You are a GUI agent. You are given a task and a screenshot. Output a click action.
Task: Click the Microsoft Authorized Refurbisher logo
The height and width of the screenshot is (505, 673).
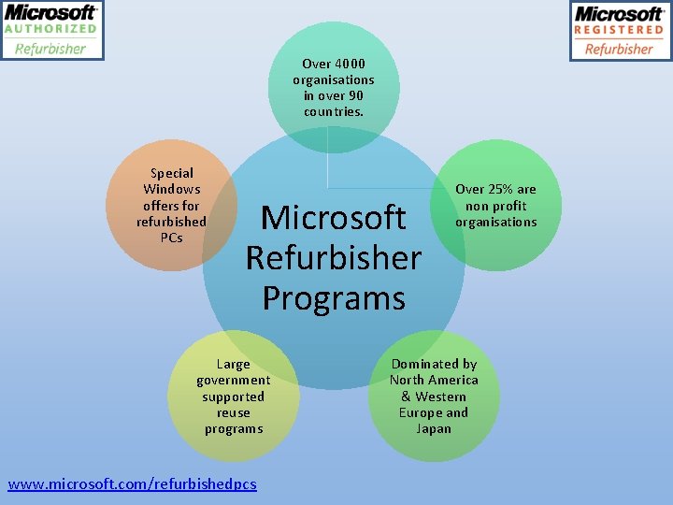pos(51,30)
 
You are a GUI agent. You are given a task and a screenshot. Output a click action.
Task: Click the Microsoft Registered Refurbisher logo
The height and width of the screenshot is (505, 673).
pos(620,30)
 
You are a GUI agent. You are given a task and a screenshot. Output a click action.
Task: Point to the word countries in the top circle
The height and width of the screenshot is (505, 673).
pos(333,111)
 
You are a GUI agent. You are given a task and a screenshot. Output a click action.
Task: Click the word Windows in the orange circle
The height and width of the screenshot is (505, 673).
pos(171,189)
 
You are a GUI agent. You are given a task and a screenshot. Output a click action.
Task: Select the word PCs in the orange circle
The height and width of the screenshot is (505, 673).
pos(171,238)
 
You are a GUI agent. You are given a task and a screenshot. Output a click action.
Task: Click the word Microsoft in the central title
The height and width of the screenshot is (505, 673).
pos(333,217)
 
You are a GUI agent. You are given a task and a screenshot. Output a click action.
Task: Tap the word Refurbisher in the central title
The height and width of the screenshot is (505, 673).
pos(333,257)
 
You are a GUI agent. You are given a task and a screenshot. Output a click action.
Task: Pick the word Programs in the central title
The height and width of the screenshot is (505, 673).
pos(333,297)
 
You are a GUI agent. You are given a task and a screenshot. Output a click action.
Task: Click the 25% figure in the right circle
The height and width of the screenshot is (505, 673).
pos(500,189)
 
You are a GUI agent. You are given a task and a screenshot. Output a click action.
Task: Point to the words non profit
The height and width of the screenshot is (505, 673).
pos(495,206)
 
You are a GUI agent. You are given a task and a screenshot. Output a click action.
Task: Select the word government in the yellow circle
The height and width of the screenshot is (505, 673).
pos(233,381)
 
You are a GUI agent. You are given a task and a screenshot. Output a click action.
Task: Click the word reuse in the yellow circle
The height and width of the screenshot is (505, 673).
pos(233,412)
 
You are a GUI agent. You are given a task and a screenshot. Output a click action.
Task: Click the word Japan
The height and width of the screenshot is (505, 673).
pos(434,428)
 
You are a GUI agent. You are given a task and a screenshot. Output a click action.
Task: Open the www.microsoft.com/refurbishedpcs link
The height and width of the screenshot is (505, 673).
pos(132,483)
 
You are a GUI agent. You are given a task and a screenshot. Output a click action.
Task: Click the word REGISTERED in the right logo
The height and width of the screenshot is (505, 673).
pos(619,30)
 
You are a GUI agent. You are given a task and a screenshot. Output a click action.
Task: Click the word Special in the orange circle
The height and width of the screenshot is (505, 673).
pos(171,173)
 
